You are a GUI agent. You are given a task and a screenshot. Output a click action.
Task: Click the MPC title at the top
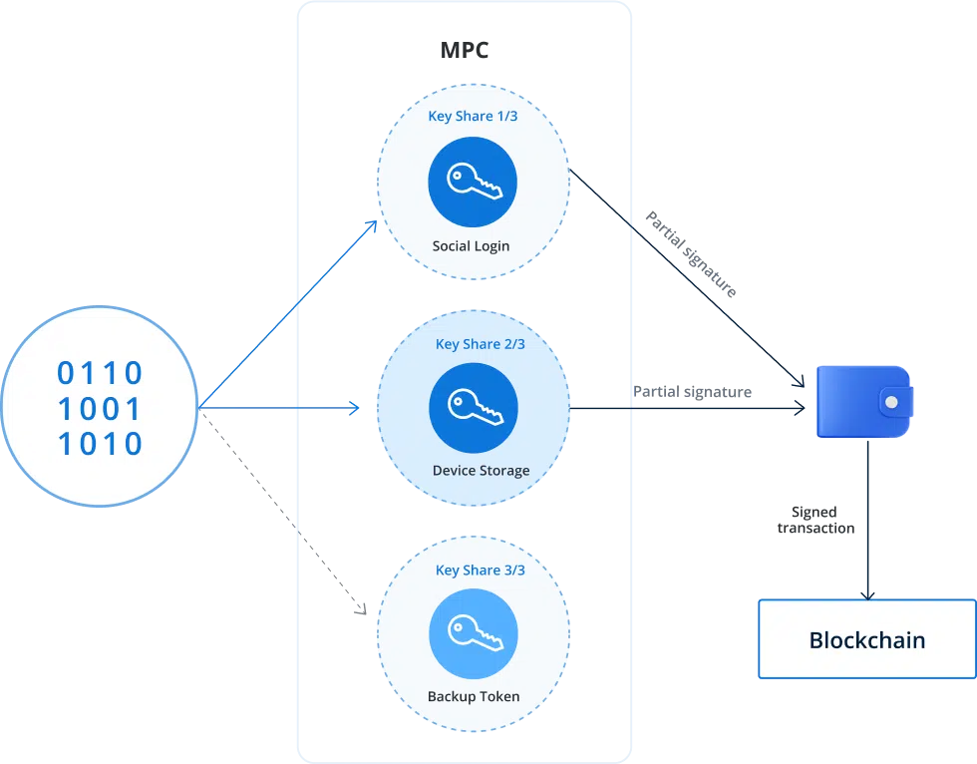pyautogui.click(x=465, y=50)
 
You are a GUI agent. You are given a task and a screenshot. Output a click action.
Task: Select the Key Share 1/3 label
pyautogui.click(x=473, y=116)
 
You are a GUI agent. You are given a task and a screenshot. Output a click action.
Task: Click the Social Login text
pyautogui.click(x=472, y=245)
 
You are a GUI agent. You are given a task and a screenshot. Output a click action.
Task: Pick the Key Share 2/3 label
pyautogui.click(x=480, y=344)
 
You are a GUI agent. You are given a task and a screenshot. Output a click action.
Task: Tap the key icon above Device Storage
pyautogui.click(x=474, y=407)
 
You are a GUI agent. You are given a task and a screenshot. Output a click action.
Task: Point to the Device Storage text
pyautogui.click(x=481, y=471)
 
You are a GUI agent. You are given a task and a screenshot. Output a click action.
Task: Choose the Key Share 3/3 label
pyautogui.click(x=480, y=571)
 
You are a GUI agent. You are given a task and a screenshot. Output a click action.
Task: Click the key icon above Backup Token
pyautogui.click(x=474, y=632)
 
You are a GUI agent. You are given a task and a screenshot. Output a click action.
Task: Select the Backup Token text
pyautogui.click(x=474, y=696)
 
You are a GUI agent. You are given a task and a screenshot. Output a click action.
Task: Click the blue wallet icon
pyautogui.click(x=862, y=401)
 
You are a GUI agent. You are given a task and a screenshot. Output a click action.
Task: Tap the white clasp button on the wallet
pyautogui.click(x=892, y=402)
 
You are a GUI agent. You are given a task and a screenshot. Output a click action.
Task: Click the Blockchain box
pyautogui.click(x=866, y=639)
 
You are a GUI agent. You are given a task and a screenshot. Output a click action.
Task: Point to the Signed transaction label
pyautogui.click(x=815, y=520)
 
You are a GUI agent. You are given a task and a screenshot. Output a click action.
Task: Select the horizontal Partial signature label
pyautogui.click(x=692, y=392)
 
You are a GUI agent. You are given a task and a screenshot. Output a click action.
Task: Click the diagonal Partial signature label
pyautogui.click(x=691, y=254)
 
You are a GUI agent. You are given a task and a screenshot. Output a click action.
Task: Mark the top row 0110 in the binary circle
pyautogui.click(x=100, y=374)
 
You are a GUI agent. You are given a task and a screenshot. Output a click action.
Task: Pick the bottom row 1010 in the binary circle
pyautogui.click(x=100, y=444)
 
